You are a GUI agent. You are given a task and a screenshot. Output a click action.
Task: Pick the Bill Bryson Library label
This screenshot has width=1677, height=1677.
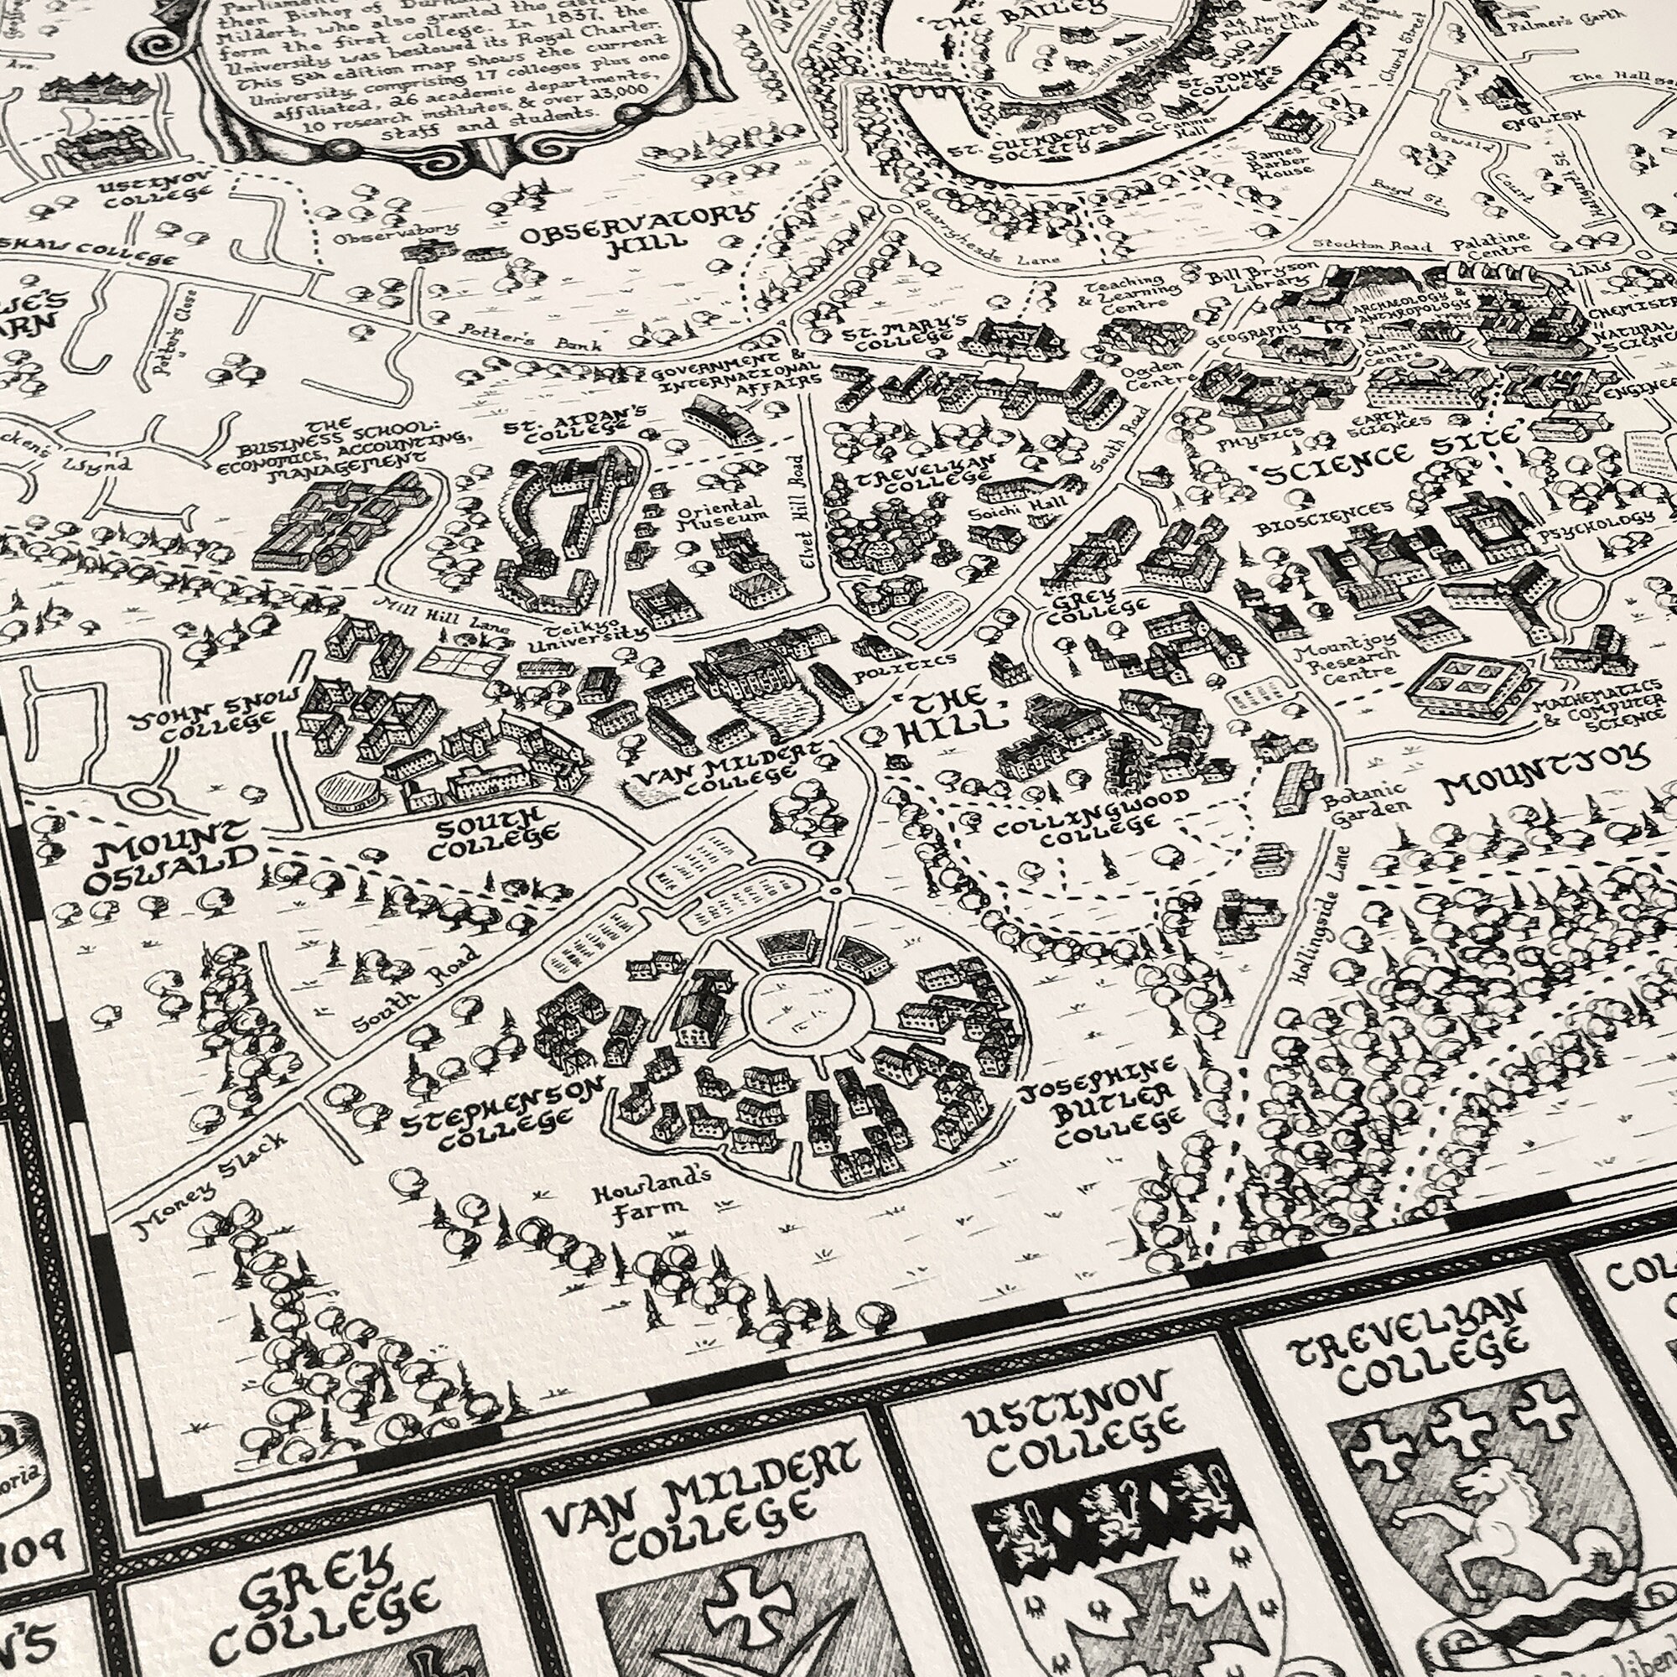pyautogui.click(x=1263, y=278)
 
